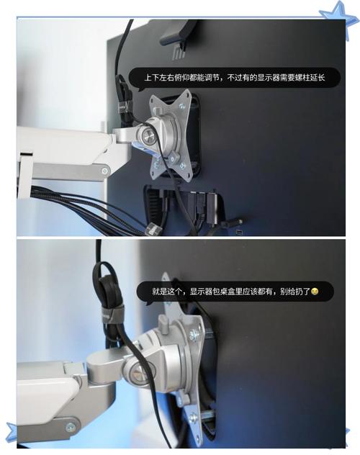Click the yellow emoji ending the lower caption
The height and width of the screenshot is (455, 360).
tap(315, 291)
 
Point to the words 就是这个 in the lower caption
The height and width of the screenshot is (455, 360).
tap(167, 292)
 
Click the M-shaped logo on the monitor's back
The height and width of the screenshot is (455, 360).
tap(179, 53)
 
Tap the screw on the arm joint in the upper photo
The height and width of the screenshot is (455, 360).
tap(104, 171)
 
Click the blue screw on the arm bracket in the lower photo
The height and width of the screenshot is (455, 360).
tap(71, 427)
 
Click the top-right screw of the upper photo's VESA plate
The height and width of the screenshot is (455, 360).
tap(182, 107)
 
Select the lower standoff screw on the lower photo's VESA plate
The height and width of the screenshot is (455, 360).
tap(194, 418)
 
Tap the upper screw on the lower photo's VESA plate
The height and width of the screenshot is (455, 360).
tap(194, 335)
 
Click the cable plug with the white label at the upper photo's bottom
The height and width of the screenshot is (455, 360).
tap(153, 230)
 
